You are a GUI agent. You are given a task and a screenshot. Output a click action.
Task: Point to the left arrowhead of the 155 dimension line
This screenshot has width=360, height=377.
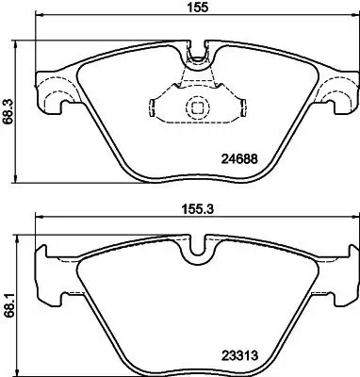[38, 18]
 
